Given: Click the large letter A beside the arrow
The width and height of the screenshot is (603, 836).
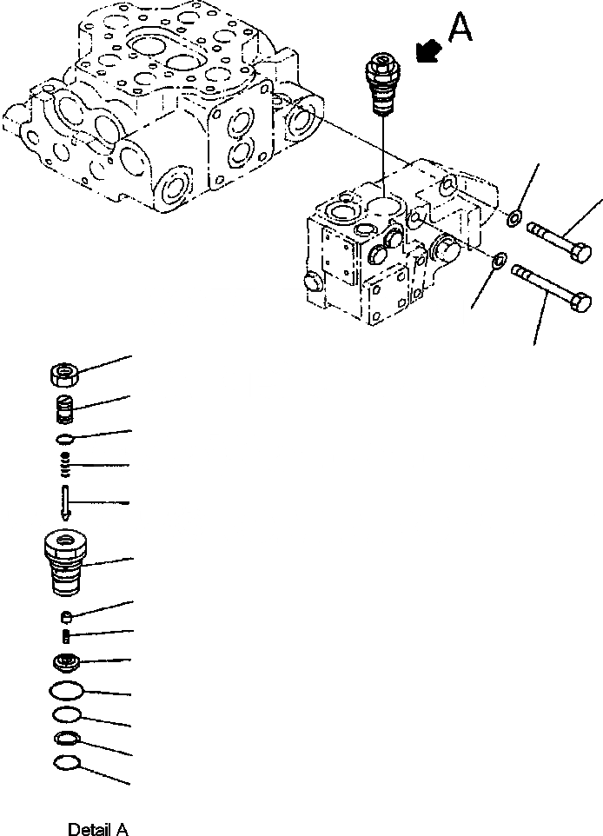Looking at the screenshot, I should pyautogui.click(x=461, y=30).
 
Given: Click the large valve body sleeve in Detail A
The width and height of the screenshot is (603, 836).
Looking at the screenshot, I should pyautogui.click(x=66, y=564).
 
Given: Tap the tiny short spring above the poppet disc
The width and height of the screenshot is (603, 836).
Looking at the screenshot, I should pyautogui.click(x=67, y=638).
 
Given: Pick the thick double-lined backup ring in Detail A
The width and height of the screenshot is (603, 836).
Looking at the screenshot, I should pyautogui.click(x=66, y=740).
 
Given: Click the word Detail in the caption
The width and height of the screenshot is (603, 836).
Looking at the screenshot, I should pyautogui.click(x=86, y=830).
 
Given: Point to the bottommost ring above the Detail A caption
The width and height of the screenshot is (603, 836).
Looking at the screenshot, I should pyautogui.click(x=66, y=764).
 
